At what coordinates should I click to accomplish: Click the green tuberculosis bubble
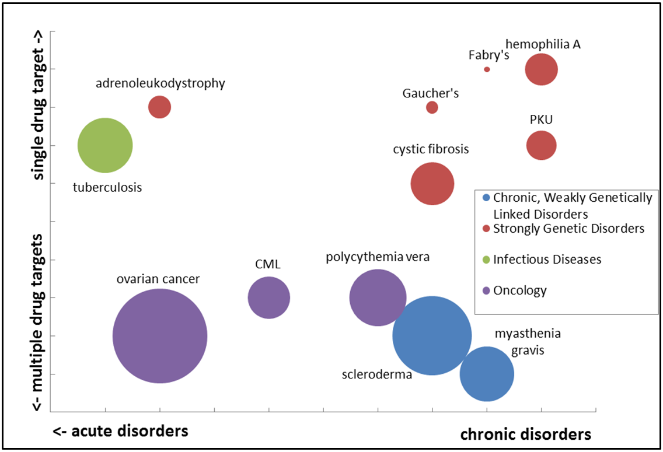105,145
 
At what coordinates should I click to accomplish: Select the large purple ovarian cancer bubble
159,336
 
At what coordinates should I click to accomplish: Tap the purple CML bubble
268,297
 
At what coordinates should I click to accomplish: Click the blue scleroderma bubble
432,336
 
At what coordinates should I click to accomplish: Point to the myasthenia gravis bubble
487,374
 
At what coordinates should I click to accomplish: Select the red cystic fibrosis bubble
432,184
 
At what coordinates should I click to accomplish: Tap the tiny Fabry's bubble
487,69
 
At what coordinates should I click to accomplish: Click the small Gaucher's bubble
432,107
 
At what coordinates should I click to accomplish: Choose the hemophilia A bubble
542,69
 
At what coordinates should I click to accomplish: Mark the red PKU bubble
542,145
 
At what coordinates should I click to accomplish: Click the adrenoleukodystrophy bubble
159,107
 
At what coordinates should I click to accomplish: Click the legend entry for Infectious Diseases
547,259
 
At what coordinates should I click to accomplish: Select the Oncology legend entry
519,290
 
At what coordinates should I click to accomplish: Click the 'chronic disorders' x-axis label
525,435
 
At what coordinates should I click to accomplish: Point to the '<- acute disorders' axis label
120,431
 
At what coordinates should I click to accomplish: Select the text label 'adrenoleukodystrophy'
160,83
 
